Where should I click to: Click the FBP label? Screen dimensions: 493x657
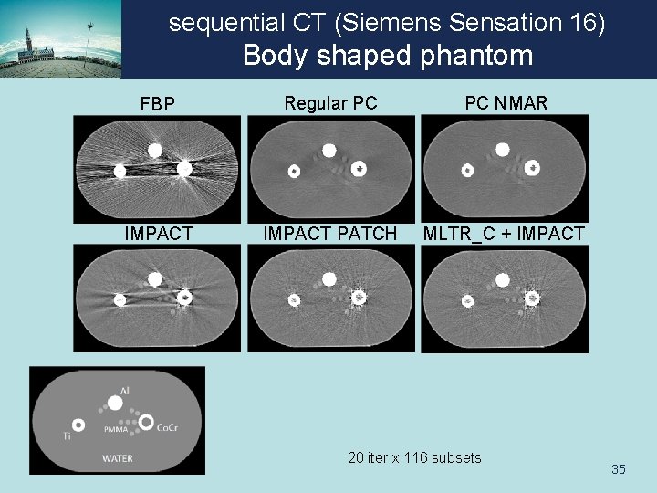[157, 105]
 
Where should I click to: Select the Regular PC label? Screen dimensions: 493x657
[330, 104]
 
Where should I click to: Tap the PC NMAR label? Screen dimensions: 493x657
[506, 104]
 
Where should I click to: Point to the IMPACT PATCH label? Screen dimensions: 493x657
[330, 235]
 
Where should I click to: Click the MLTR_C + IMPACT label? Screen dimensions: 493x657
[503, 235]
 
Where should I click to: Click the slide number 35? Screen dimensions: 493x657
[619, 469]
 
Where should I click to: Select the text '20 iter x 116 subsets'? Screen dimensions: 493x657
[414, 457]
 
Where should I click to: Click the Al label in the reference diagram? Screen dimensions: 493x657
[124, 391]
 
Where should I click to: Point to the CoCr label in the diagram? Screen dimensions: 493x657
[167, 427]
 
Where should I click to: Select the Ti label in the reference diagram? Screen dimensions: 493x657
[67, 437]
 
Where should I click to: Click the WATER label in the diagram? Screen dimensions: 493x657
[117, 458]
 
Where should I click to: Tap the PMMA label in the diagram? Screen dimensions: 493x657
[115, 428]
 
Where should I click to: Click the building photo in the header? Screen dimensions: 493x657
[59, 39]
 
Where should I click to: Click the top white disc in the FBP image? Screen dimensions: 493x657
[154, 150]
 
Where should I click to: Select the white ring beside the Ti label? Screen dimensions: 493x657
[78, 425]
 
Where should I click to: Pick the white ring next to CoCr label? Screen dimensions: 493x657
[146, 423]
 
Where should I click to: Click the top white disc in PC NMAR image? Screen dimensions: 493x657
[501, 150]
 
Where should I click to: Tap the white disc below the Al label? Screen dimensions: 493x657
[116, 403]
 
